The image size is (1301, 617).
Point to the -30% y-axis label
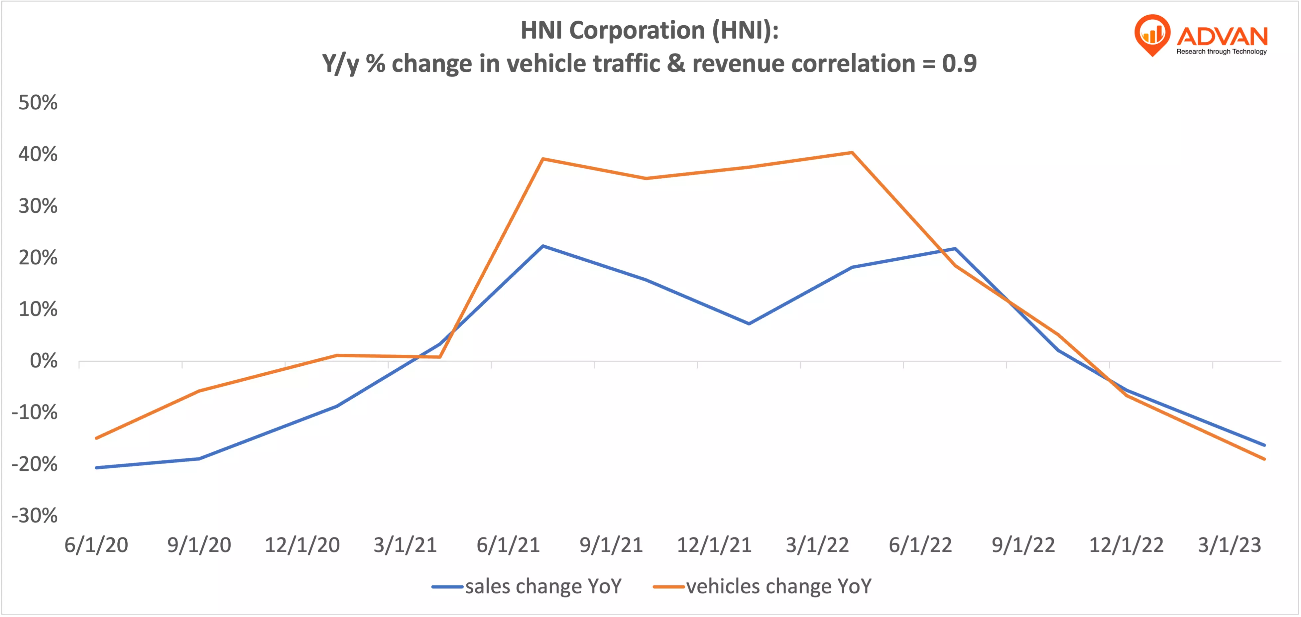(x=34, y=516)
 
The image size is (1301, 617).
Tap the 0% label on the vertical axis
(x=44, y=361)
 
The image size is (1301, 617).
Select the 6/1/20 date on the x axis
(x=96, y=545)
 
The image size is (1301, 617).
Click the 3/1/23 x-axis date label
(x=1229, y=545)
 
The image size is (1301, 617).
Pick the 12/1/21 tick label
(x=714, y=545)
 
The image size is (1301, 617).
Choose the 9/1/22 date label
(x=1023, y=545)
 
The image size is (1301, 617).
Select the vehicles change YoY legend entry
(x=762, y=586)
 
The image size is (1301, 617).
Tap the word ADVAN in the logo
(x=1222, y=36)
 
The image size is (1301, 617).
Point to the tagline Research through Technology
(x=1221, y=52)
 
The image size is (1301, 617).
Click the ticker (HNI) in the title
(x=745, y=30)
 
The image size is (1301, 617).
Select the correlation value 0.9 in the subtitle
(x=959, y=63)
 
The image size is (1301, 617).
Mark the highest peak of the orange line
(x=852, y=153)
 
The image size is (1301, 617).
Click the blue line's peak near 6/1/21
(x=542, y=246)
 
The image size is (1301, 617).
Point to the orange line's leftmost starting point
(x=96, y=438)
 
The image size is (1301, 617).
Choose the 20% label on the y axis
(x=38, y=258)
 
